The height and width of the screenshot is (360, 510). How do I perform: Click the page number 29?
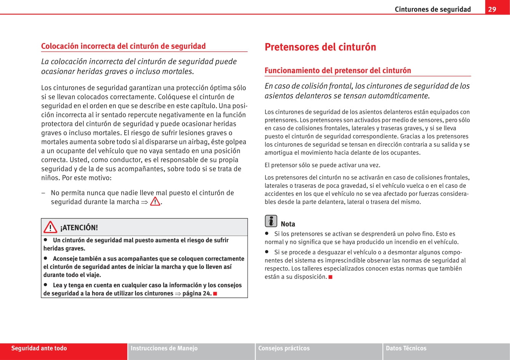click(492, 9)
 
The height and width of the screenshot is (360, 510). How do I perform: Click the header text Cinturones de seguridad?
click(433, 9)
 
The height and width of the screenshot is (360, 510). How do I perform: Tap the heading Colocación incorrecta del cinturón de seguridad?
click(123, 46)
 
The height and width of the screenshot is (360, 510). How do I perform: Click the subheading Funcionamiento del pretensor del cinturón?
click(337, 70)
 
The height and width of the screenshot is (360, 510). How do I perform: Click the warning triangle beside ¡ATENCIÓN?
click(50, 227)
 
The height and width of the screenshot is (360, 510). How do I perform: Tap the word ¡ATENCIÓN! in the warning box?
click(79, 228)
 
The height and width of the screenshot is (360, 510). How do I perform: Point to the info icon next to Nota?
click(271, 221)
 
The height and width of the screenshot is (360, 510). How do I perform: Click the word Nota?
click(288, 224)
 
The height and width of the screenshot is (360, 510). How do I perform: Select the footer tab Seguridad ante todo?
click(39, 348)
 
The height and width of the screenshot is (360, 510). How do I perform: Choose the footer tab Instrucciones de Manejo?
click(164, 348)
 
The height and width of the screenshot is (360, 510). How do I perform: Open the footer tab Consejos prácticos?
click(284, 348)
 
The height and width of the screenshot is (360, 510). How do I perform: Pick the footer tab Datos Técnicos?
click(406, 348)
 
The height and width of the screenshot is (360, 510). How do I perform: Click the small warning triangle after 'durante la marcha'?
click(155, 201)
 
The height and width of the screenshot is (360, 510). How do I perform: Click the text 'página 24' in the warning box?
click(197, 293)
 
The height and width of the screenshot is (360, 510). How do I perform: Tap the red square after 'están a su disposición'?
click(330, 277)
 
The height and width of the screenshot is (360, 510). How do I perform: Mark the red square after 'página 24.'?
click(215, 294)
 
